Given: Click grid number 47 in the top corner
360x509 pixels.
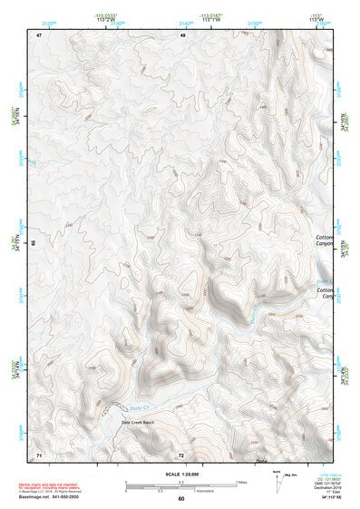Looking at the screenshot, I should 39,34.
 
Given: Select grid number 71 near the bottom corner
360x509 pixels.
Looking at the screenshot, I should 39,453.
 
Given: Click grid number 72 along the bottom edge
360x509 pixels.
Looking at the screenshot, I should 181,454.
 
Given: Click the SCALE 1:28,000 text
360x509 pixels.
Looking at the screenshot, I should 180,471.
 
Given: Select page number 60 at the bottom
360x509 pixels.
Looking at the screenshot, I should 181,499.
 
